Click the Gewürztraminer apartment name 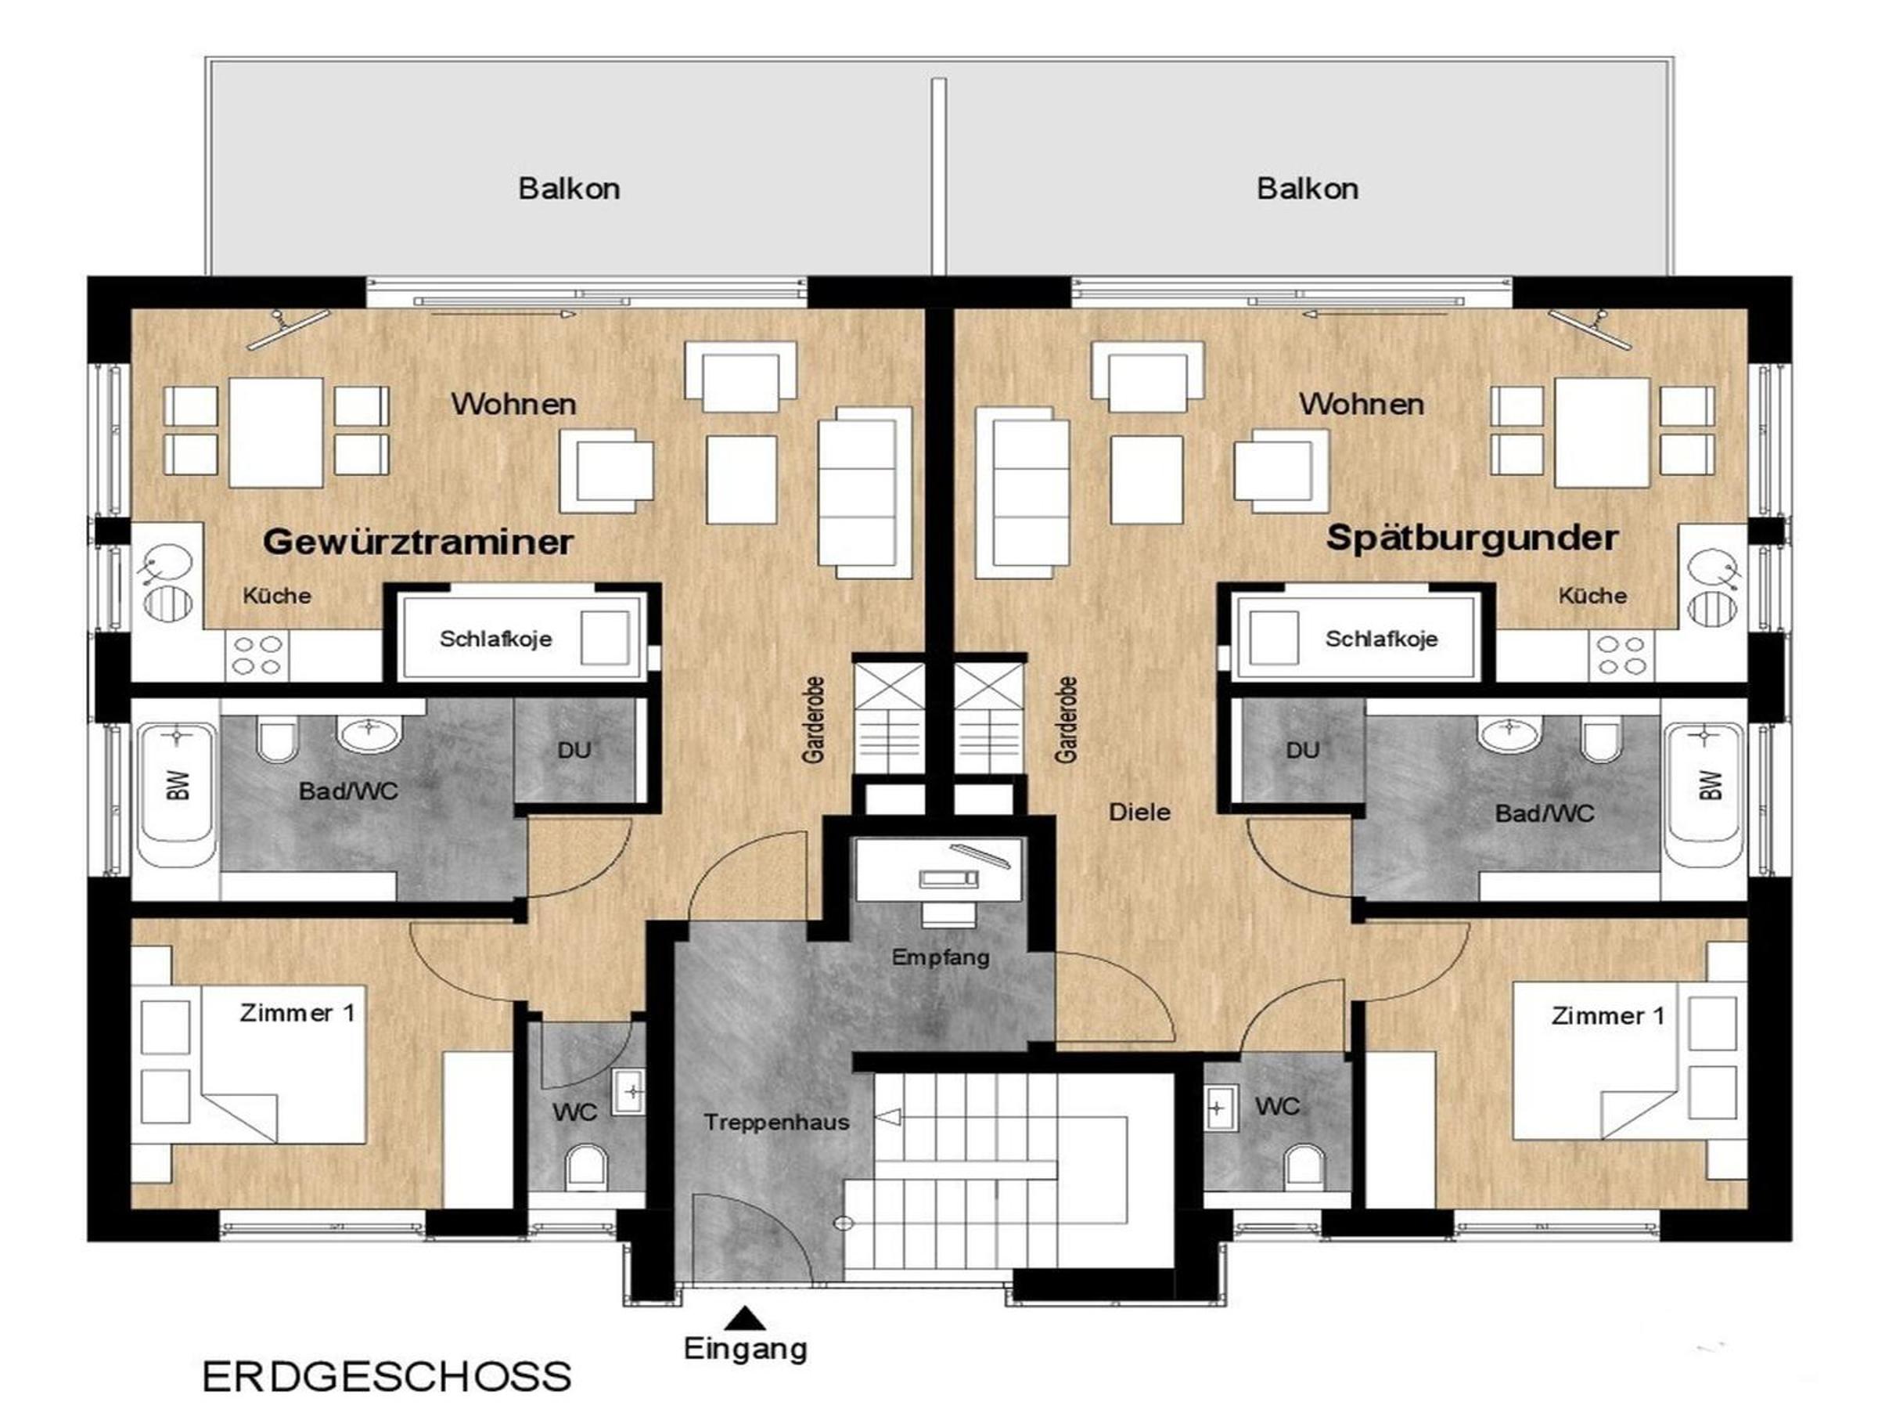point(418,541)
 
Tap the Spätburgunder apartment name point(1472,539)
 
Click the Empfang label point(941,958)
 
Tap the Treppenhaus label point(776,1122)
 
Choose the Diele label point(1139,812)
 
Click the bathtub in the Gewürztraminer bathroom point(177,795)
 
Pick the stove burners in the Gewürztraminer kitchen point(257,656)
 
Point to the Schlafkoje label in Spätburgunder point(1381,639)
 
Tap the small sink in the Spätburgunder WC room point(1218,1108)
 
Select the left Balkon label point(569,189)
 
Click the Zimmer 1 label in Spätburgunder point(1608,1016)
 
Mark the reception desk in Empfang point(940,869)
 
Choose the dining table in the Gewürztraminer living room point(276,433)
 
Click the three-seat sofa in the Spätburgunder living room point(1022,492)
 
